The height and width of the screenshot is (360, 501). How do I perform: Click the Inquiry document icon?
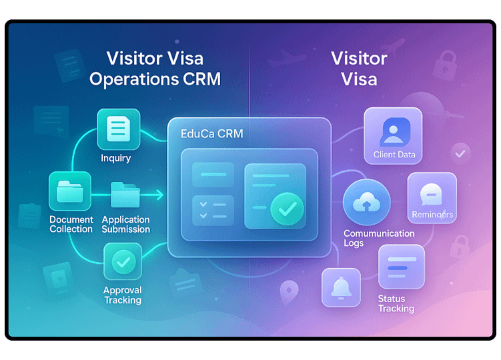click(x=119, y=129)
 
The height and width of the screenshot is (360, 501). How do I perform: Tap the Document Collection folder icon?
click(x=70, y=191)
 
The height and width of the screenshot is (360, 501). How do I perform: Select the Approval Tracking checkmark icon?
click(x=123, y=261)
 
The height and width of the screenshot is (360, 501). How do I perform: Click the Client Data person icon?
click(x=393, y=136)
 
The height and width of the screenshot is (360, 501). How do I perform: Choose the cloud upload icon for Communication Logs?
click(x=366, y=202)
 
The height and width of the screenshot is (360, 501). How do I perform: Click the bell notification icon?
click(x=342, y=287)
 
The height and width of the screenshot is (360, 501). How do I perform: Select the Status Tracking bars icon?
click(x=402, y=267)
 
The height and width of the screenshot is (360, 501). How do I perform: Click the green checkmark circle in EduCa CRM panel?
click(x=287, y=209)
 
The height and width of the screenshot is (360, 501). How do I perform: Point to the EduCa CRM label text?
click(x=212, y=133)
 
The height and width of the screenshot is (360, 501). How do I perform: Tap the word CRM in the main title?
click(x=202, y=79)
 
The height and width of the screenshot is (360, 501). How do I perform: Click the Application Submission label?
click(x=126, y=224)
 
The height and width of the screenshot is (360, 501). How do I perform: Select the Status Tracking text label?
click(x=396, y=303)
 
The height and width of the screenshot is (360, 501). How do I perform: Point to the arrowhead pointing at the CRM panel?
click(x=159, y=195)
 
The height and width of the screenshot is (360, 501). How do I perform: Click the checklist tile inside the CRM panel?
click(x=213, y=211)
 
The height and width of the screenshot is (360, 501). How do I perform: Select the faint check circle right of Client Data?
click(x=460, y=154)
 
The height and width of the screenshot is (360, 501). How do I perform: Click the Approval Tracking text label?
click(x=123, y=295)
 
